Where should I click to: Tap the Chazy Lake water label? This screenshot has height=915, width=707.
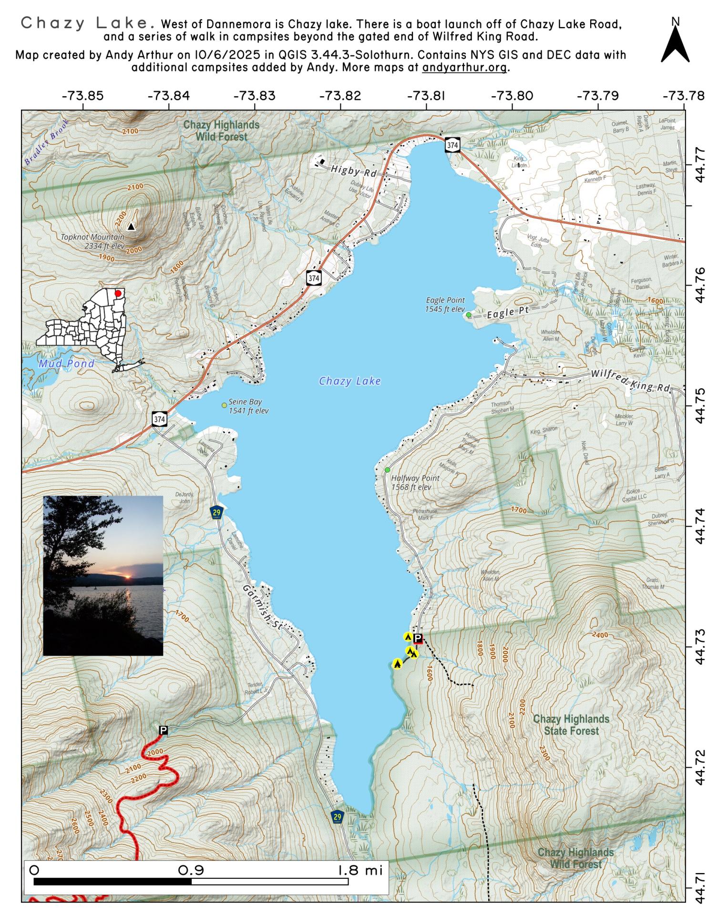click(x=350, y=381)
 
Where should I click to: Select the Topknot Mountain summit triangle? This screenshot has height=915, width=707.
click(x=132, y=227)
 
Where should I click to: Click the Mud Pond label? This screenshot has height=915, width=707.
click(x=67, y=364)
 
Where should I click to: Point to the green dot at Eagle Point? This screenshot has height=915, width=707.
click(x=469, y=315)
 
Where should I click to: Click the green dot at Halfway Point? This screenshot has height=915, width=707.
click(x=388, y=470)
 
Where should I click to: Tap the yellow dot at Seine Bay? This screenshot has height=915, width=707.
click(x=224, y=405)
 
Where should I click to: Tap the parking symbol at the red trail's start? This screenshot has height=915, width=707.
click(x=164, y=731)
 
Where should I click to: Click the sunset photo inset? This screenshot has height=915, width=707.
click(x=103, y=575)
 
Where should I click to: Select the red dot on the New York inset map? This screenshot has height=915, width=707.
click(x=118, y=293)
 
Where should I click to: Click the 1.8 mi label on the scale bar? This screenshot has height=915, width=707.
click(x=360, y=871)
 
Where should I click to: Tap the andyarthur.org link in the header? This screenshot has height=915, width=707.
click(x=465, y=67)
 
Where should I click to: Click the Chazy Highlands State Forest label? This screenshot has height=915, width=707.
click(x=571, y=725)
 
